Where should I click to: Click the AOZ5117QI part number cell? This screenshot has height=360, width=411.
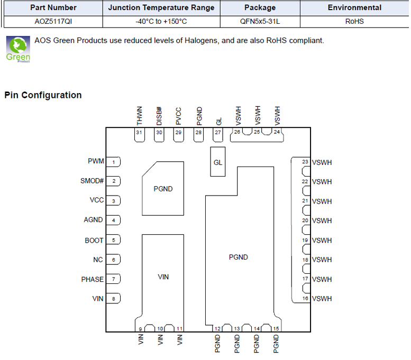[53, 22]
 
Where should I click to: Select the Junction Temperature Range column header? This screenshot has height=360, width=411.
[161, 7]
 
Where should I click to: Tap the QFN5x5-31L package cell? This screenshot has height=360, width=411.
[260, 22]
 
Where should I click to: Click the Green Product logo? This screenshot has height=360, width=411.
[18, 49]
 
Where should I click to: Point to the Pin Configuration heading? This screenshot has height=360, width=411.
[43, 95]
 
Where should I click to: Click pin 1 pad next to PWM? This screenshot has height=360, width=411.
[113, 162]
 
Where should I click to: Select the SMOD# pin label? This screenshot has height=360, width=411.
[92, 181]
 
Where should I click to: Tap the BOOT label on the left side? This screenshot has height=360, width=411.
[94, 240]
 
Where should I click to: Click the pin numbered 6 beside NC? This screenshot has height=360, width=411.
[113, 260]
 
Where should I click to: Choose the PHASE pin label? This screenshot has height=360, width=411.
[92, 279]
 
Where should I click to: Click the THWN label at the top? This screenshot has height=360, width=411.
[140, 116]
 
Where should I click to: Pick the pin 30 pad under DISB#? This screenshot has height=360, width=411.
[159, 135]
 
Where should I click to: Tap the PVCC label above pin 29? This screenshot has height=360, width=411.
[178, 116]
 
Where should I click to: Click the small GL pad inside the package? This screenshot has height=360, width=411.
[218, 162]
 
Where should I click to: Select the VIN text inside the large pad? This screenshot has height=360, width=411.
[163, 276]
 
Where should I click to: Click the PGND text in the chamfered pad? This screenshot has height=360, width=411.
[163, 189]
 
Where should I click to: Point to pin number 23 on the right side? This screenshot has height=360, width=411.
[305, 162]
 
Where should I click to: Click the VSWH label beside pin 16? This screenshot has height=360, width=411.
[322, 299]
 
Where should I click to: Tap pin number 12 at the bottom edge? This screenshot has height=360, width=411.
[217, 329]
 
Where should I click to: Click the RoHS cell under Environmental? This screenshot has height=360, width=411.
[354, 22]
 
